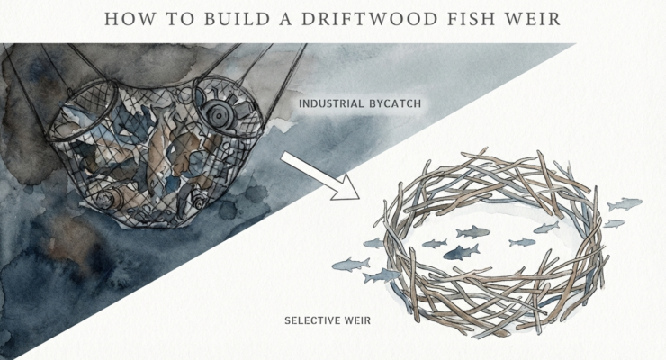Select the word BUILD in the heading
[x=216, y=18]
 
